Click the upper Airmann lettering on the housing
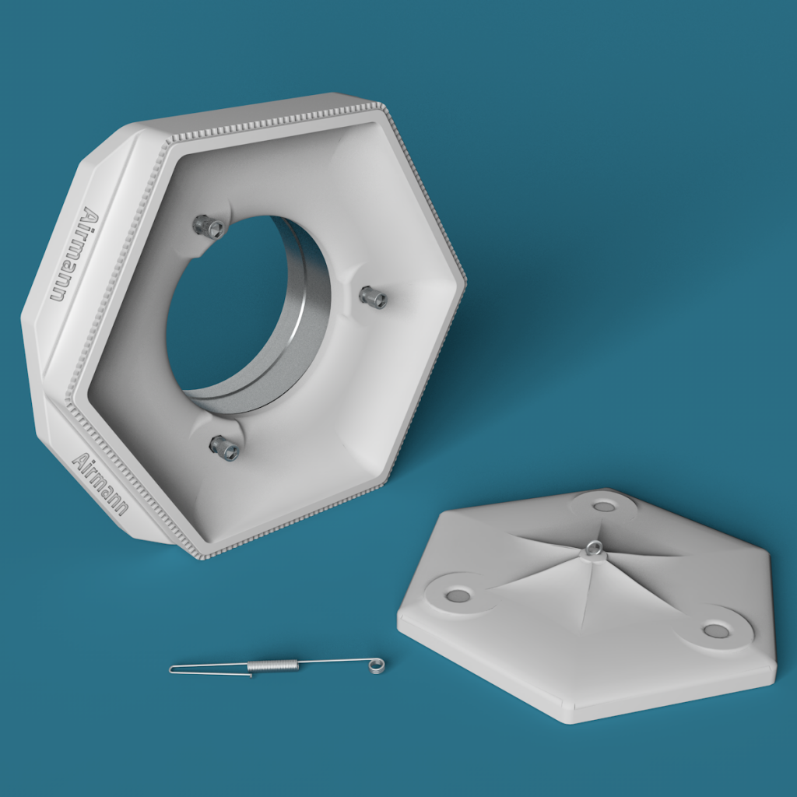75,254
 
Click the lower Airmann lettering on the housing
100,483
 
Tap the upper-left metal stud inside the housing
209,226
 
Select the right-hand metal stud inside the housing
373,297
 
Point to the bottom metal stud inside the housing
224,448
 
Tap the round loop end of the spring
377,665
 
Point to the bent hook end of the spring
173,669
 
